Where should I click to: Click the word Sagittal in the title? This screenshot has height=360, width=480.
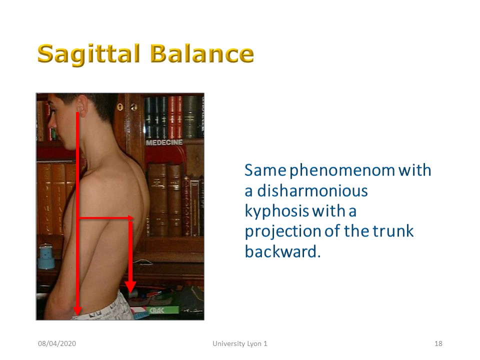point(89,54)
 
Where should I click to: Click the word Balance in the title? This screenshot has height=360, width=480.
point(202,53)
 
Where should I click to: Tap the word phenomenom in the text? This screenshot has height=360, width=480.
point(342,171)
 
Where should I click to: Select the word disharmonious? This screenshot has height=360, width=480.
point(312,190)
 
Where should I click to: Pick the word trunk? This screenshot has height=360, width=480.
point(393,231)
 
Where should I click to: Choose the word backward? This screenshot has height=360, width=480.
point(282,251)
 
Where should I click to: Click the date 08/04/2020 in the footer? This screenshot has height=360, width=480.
point(57,343)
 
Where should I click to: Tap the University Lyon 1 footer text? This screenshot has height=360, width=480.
point(240,343)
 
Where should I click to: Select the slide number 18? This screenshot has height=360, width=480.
point(438,343)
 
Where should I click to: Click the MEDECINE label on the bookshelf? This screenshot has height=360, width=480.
point(164,142)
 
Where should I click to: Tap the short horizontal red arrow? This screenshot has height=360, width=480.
point(106,218)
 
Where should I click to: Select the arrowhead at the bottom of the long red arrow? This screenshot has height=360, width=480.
point(77,311)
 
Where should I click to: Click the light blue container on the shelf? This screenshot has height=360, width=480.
point(46,256)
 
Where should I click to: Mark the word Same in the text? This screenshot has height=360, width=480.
point(265,170)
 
